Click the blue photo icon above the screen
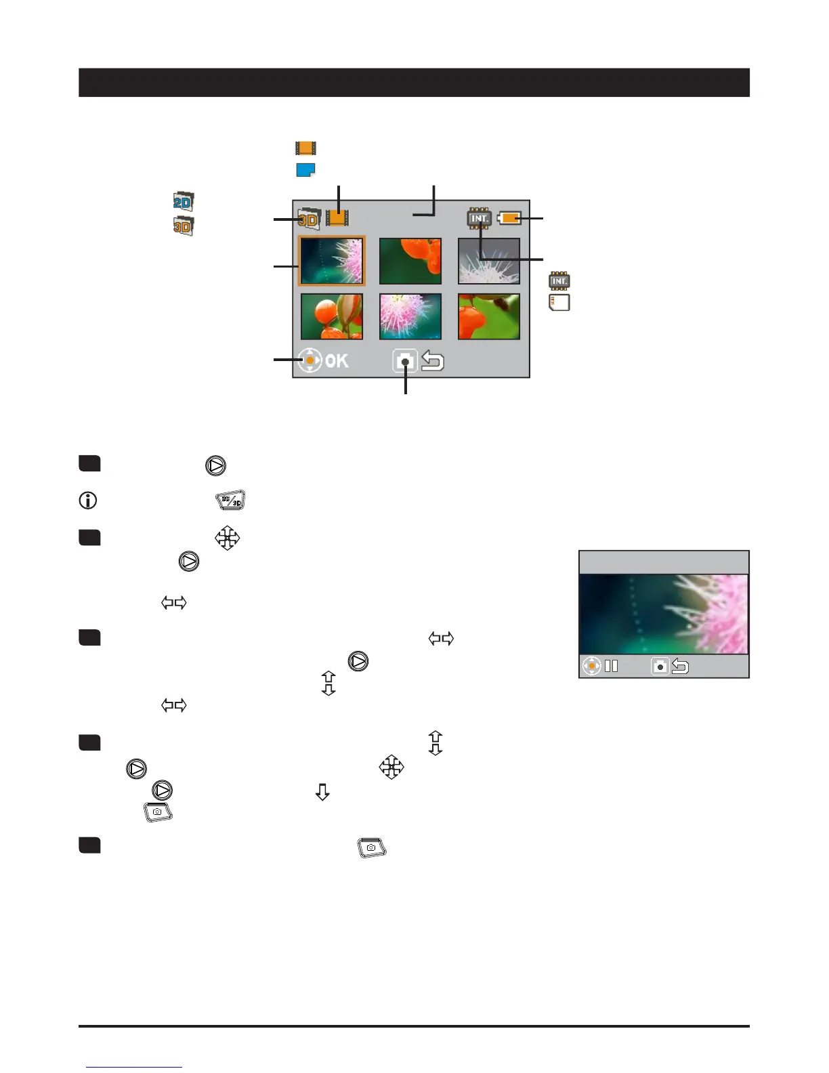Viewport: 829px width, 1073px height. [305, 170]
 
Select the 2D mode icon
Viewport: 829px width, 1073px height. [183, 201]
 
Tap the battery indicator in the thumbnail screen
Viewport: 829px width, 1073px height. [509, 217]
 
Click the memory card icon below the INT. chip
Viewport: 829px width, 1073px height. [559, 303]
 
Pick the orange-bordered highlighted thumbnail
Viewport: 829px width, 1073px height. [331, 261]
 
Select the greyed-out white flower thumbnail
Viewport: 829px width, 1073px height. [489, 261]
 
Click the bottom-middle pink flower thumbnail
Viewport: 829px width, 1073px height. [410, 316]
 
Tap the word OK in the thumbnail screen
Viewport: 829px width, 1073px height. [337, 361]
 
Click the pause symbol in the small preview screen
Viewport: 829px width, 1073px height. [612, 666]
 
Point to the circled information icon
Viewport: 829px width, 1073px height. [88, 500]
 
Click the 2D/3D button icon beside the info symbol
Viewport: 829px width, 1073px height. [230, 500]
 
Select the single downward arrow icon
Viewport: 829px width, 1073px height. [322, 792]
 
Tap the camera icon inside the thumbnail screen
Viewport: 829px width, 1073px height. [405, 361]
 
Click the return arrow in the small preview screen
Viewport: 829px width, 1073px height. [680, 667]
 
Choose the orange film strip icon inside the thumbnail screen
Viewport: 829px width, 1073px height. [337, 217]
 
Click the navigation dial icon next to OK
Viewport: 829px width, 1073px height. [310, 360]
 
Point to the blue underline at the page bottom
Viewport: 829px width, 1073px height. [134, 1067]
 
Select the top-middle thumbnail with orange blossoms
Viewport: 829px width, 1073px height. [410, 261]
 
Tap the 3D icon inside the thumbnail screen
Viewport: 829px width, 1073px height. [310, 218]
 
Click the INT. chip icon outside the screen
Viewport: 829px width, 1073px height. [559, 281]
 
